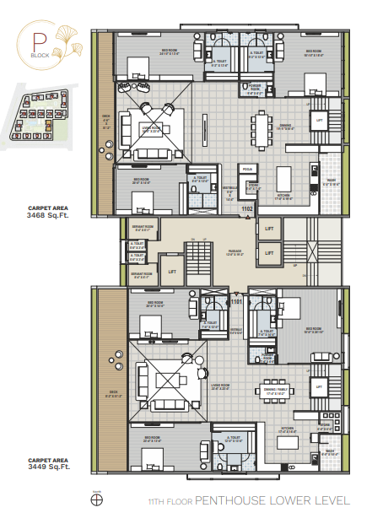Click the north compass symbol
(x=95, y=499)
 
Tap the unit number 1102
(x=247, y=208)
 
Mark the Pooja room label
(x=248, y=169)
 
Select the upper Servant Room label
(x=143, y=227)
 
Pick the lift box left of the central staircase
(x=172, y=270)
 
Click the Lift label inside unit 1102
(x=319, y=120)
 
